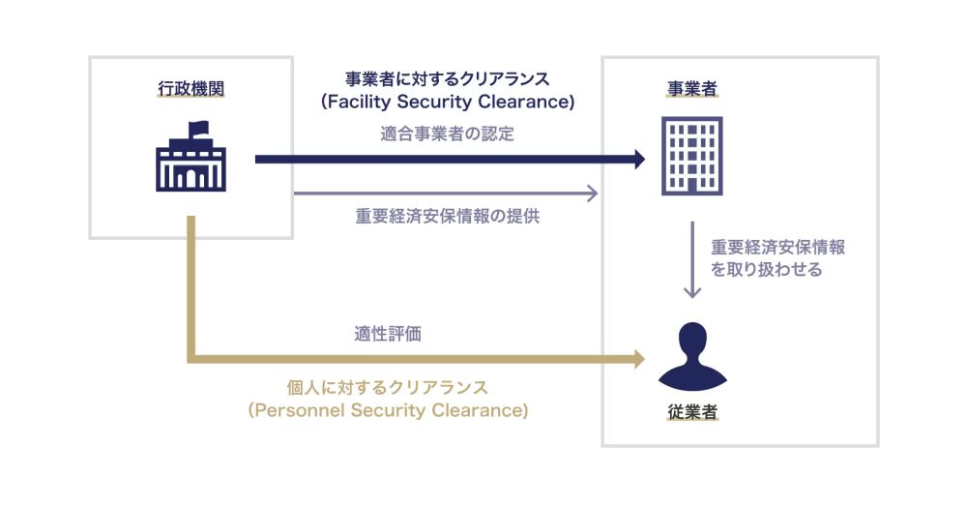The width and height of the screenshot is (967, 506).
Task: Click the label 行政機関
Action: [190, 90]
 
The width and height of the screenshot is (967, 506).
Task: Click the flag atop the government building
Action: [197, 127]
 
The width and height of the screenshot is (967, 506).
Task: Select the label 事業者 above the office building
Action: [691, 90]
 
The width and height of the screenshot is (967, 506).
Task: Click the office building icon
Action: [691, 155]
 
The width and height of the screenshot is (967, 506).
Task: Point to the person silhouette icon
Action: [691, 354]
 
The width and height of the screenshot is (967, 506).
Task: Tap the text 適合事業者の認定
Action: [447, 134]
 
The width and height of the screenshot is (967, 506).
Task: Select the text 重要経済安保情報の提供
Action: [447, 217]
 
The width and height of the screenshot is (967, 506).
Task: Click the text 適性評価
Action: [387, 336]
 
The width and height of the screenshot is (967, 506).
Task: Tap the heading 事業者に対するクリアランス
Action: [447, 78]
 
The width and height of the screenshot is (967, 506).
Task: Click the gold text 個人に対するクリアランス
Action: [388, 388]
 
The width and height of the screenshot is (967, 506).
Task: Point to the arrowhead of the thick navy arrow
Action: [637, 160]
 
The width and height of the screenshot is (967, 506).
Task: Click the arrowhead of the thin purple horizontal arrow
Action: [593, 193]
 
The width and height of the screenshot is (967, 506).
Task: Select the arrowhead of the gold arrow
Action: [637, 360]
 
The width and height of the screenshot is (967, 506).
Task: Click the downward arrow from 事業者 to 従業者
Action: [691, 261]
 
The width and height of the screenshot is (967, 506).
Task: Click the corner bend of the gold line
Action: [192, 360]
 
